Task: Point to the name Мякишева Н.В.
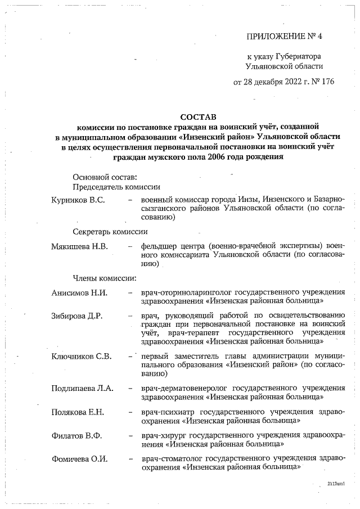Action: [x=79, y=246]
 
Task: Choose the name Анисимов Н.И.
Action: [x=79, y=293]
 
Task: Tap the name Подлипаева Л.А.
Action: [x=83, y=388]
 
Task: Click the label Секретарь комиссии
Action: [x=110, y=231]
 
